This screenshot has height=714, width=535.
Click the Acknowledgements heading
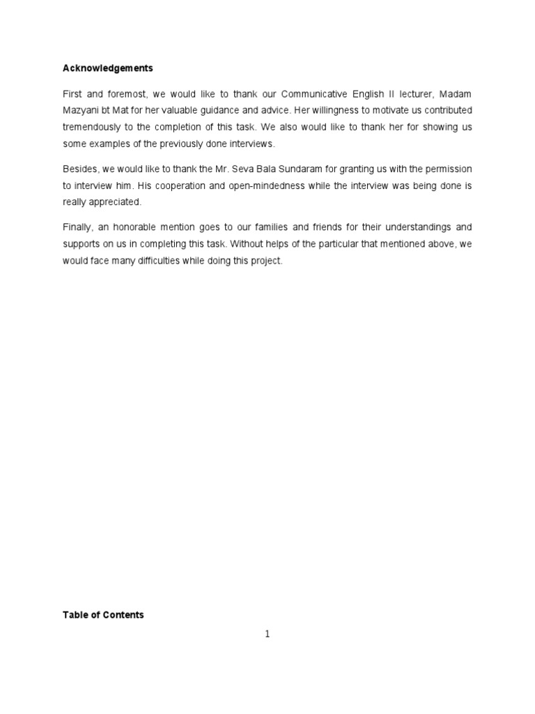click(107, 68)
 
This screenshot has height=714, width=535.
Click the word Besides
click(79, 168)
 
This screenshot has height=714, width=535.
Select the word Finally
click(77, 227)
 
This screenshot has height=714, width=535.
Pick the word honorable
click(144, 227)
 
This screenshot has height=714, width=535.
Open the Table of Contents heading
click(103, 615)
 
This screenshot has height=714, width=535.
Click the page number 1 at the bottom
click(267, 634)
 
